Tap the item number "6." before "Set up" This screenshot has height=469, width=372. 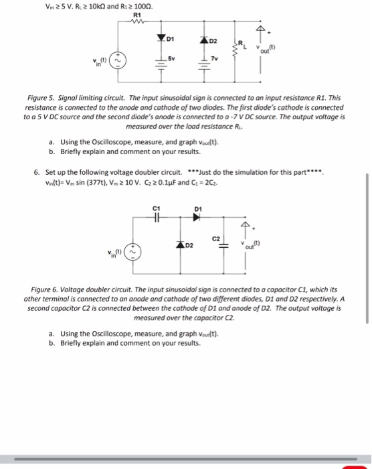point(36,172)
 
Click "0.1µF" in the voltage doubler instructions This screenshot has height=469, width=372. point(160,180)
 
